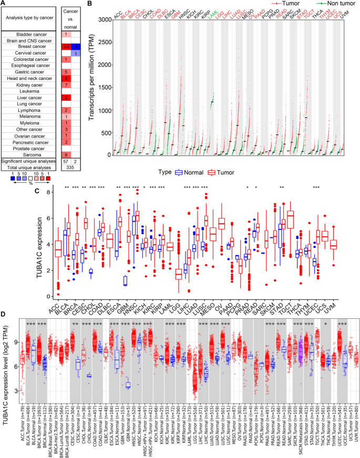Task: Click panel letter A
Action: click(x=4, y=4)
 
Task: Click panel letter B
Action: click(x=90, y=4)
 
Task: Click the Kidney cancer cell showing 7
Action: click(x=66, y=85)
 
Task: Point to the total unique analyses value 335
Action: click(x=70, y=168)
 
